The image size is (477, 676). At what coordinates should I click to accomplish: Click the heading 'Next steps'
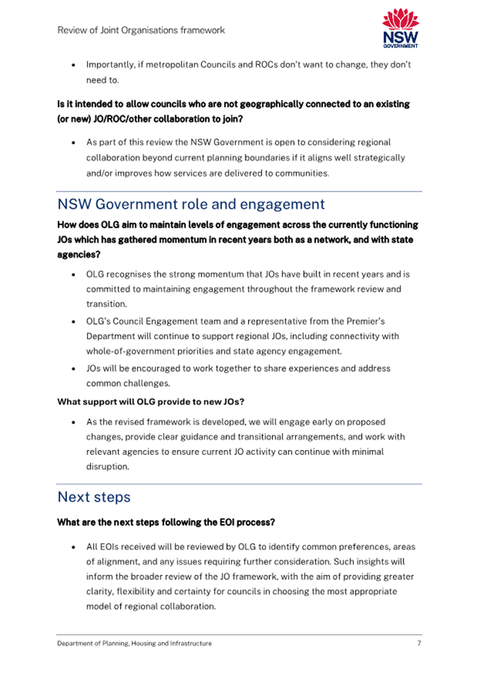pyautogui.click(x=93, y=497)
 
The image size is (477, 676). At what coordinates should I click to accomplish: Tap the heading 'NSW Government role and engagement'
pyautogui.click(x=191, y=204)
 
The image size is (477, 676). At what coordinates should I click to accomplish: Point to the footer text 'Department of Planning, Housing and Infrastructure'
pyautogui.click(x=134, y=644)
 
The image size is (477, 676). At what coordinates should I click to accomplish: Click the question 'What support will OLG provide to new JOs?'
pyautogui.click(x=151, y=403)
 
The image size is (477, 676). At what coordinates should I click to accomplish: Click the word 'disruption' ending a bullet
pyautogui.click(x=108, y=466)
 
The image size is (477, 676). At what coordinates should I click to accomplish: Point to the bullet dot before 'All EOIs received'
pyautogui.click(x=74, y=547)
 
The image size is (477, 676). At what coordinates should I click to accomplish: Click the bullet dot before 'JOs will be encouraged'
pyautogui.click(x=74, y=369)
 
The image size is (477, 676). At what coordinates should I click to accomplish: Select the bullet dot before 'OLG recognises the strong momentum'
pyautogui.click(x=74, y=273)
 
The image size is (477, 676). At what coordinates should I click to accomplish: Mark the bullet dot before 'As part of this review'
pyautogui.click(x=74, y=143)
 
